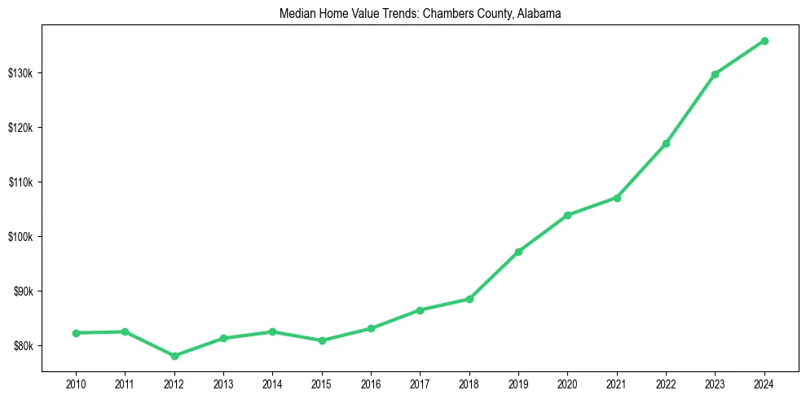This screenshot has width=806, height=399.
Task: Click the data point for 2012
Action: coord(174,356)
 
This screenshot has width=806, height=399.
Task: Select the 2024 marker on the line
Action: coord(764,41)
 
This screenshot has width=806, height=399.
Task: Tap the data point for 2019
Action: coord(518,252)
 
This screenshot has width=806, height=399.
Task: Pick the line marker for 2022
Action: coord(666,143)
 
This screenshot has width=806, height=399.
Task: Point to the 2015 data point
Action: coord(322,340)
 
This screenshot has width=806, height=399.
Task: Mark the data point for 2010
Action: coord(76,333)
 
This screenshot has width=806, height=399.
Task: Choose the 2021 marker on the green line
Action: coord(617,198)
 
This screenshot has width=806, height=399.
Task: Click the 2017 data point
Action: coord(420,310)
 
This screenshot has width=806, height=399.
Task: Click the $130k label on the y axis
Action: coord(20,73)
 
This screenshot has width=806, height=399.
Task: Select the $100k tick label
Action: coord(20,237)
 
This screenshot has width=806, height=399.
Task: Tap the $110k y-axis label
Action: coord(20,182)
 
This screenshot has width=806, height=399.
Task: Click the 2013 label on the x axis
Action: coord(223,384)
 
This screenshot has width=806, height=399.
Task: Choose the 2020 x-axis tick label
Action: coord(567,384)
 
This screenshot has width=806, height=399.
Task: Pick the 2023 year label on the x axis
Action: coord(715,384)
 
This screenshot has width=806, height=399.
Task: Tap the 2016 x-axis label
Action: coord(371,384)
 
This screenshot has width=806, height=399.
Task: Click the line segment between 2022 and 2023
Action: coord(690,109)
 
